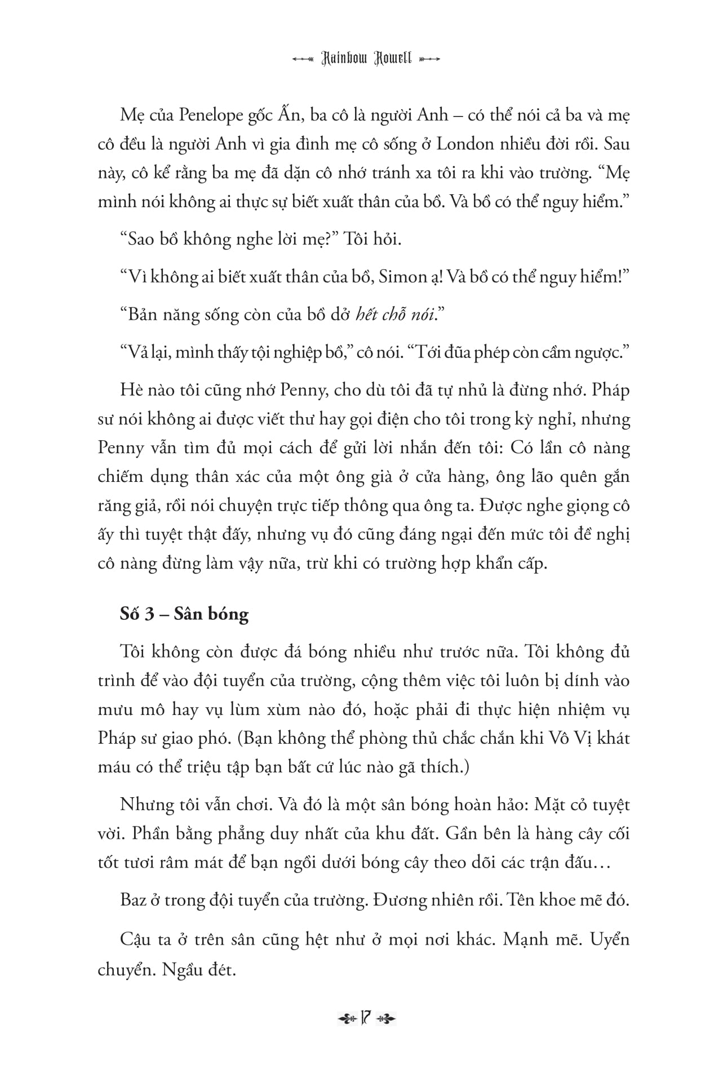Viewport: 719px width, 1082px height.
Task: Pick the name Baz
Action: (x=131, y=900)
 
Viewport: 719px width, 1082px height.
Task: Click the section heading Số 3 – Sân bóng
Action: (x=184, y=614)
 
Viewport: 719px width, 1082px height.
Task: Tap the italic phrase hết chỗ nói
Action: (x=396, y=315)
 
